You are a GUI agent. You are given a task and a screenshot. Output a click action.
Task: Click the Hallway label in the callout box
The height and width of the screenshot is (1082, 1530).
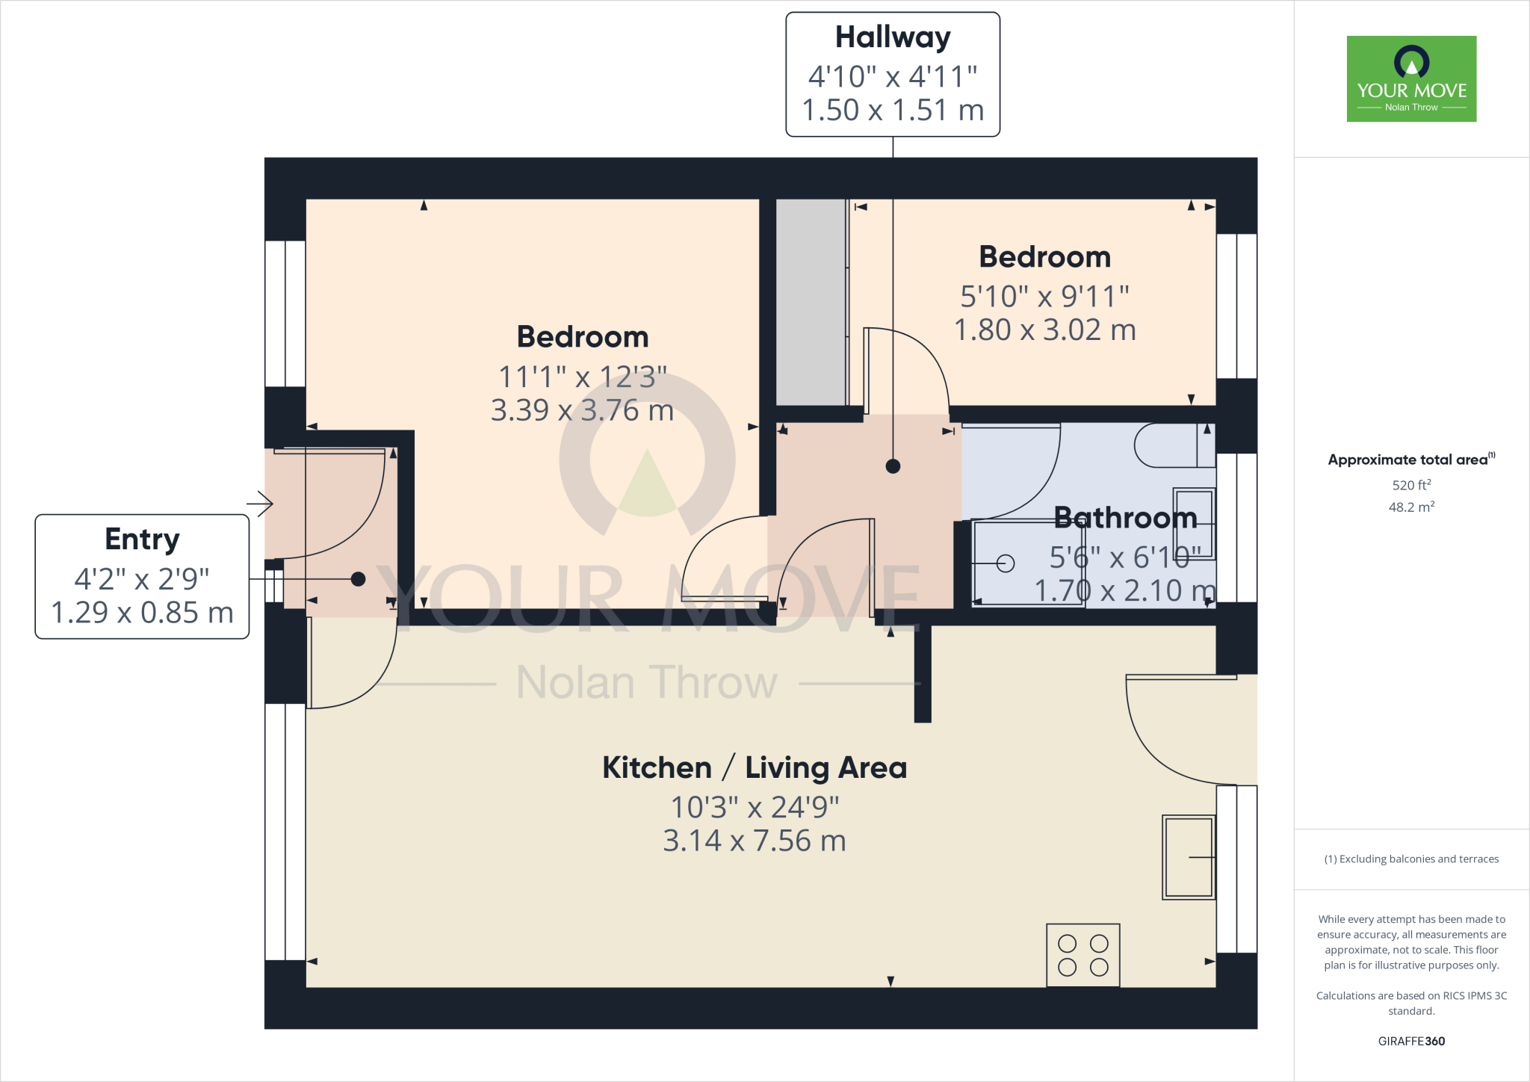pos(893,37)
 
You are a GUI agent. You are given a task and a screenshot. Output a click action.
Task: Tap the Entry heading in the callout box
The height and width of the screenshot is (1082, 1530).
pos(142,539)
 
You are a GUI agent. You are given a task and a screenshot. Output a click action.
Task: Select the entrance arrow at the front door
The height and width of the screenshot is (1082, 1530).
pos(260,504)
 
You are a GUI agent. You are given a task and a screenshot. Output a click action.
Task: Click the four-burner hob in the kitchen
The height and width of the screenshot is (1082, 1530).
pos(1083,955)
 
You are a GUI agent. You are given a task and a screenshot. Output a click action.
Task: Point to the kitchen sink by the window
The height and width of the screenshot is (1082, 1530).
pos(1189,857)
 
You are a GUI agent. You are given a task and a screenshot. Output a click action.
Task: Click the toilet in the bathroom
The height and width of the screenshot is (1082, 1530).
pos(1173,446)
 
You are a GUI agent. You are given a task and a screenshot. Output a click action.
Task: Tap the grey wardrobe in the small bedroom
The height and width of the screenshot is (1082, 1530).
pos(811,303)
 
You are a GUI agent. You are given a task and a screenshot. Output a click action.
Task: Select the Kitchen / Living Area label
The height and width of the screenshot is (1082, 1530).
pos(755,768)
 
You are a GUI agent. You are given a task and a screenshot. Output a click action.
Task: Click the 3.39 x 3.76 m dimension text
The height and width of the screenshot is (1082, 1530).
pos(582,410)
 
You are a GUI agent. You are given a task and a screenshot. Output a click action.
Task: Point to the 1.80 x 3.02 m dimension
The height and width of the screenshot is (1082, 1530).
pos(1044,330)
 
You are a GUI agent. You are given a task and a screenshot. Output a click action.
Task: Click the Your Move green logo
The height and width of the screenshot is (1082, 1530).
pos(1411,78)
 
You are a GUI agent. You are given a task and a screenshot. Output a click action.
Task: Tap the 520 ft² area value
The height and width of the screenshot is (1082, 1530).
pos(1411,485)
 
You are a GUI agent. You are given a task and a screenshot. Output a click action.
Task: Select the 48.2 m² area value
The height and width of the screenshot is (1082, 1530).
pos(1411,507)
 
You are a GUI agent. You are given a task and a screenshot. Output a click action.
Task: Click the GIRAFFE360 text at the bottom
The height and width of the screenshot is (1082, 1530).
pos(1411,1041)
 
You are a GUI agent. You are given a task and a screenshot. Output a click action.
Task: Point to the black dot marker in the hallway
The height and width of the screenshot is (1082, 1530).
pos(893,466)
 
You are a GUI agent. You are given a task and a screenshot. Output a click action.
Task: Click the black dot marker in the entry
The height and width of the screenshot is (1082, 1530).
pos(358,579)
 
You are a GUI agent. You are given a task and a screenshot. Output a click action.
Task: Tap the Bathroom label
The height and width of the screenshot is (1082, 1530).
pos(1125,518)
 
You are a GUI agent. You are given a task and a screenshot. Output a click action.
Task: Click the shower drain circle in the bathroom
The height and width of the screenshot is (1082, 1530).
pos(1006,563)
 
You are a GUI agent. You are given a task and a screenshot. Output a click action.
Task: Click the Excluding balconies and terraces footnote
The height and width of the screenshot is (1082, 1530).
pos(1411,859)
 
